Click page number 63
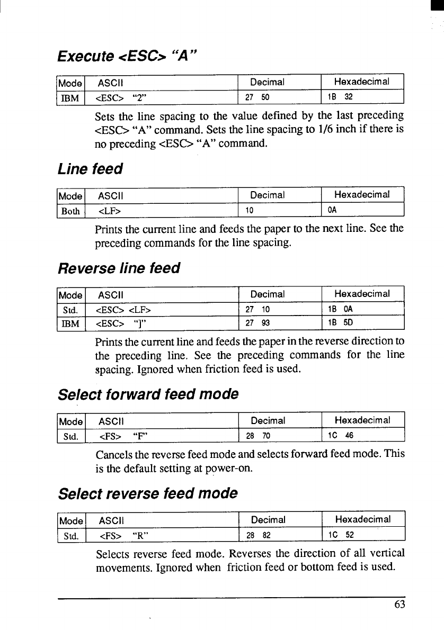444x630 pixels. (x=399, y=604)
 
